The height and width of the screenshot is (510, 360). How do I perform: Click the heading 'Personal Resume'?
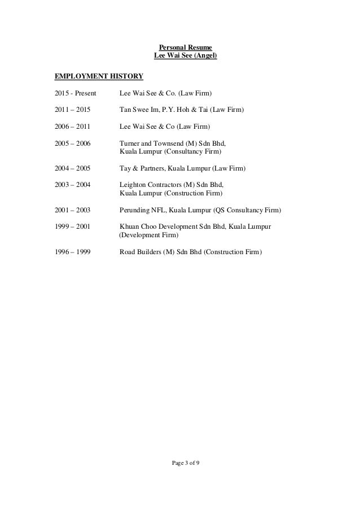(x=185, y=47)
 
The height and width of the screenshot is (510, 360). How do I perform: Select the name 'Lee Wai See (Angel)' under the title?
(x=185, y=56)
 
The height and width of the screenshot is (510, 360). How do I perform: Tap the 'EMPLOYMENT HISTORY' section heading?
(x=90, y=76)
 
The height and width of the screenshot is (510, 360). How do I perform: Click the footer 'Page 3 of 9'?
(x=185, y=464)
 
